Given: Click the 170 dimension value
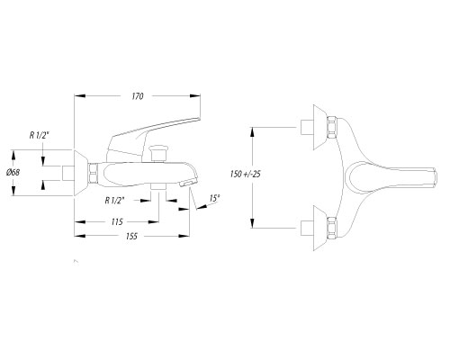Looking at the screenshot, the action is pyautogui.click(x=138, y=96).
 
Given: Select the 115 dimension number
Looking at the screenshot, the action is pyautogui.click(x=117, y=222).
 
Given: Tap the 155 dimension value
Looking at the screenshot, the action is pyautogui.click(x=131, y=237).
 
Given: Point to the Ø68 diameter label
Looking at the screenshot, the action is pyautogui.click(x=13, y=173).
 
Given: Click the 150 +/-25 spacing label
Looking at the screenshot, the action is pyautogui.click(x=245, y=174).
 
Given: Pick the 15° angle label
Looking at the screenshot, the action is pyautogui.click(x=214, y=198).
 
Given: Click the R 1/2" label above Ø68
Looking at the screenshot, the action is pyautogui.click(x=39, y=136).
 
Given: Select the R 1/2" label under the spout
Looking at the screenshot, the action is pyautogui.click(x=114, y=201).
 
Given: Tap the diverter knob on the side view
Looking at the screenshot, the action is pyautogui.click(x=159, y=152).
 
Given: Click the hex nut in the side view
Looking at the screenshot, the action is pyautogui.click(x=94, y=173).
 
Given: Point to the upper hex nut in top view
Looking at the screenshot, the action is pyautogui.click(x=331, y=127).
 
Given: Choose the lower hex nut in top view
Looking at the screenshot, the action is pyautogui.click(x=331, y=228).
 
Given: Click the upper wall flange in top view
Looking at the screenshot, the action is pyautogui.click(x=320, y=127).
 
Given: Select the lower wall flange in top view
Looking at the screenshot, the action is pyautogui.click(x=320, y=228).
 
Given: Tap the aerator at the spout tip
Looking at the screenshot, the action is pyautogui.click(x=186, y=184).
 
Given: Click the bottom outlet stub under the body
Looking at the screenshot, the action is pyautogui.click(x=158, y=186).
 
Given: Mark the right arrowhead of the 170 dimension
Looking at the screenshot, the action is pyautogui.click(x=195, y=95).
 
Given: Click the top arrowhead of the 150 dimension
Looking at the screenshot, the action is pyautogui.click(x=253, y=132).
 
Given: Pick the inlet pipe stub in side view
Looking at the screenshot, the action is pyautogui.click(x=68, y=173).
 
